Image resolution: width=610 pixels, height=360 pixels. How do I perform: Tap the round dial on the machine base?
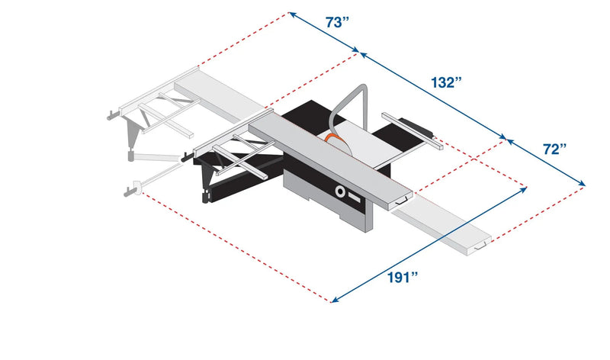339,191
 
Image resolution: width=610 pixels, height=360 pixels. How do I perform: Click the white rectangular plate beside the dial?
355,197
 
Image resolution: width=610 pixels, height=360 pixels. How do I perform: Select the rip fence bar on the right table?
412,129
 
